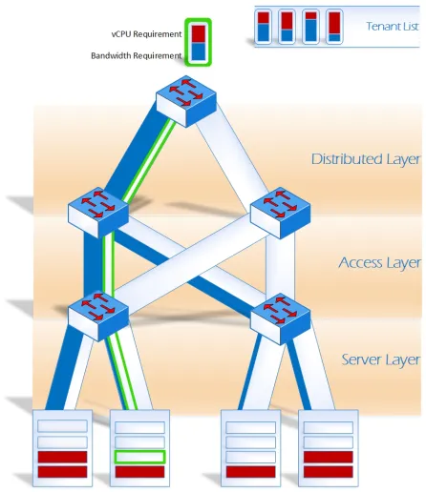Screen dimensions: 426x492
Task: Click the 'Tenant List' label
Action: click(x=393, y=26)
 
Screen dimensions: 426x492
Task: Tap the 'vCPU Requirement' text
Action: click(x=146, y=34)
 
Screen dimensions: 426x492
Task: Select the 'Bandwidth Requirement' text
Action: click(x=137, y=55)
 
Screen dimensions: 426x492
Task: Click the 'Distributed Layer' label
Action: click(x=366, y=159)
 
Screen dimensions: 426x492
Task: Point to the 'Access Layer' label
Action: click(x=379, y=263)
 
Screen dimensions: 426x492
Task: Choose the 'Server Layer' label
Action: click(x=381, y=359)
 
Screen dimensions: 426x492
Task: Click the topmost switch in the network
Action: click(x=186, y=101)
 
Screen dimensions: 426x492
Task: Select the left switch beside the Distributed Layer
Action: click(x=98, y=213)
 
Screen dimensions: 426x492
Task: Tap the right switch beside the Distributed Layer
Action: click(x=280, y=213)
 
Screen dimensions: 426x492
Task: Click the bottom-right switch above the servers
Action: click(x=280, y=318)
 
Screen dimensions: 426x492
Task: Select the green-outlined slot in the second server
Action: click(x=139, y=457)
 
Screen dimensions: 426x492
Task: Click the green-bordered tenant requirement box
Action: click(x=198, y=42)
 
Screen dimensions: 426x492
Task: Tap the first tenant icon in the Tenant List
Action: click(x=263, y=27)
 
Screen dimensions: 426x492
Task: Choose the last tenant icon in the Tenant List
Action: click(x=334, y=27)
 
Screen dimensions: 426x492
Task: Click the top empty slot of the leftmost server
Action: click(x=62, y=426)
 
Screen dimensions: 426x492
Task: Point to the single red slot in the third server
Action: click(x=251, y=472)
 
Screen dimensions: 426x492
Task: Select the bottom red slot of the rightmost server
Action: click(x=329, y=472)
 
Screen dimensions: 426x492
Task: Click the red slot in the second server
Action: click(x=139, y=472)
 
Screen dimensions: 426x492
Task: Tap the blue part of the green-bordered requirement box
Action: click(x=198, y=51)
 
